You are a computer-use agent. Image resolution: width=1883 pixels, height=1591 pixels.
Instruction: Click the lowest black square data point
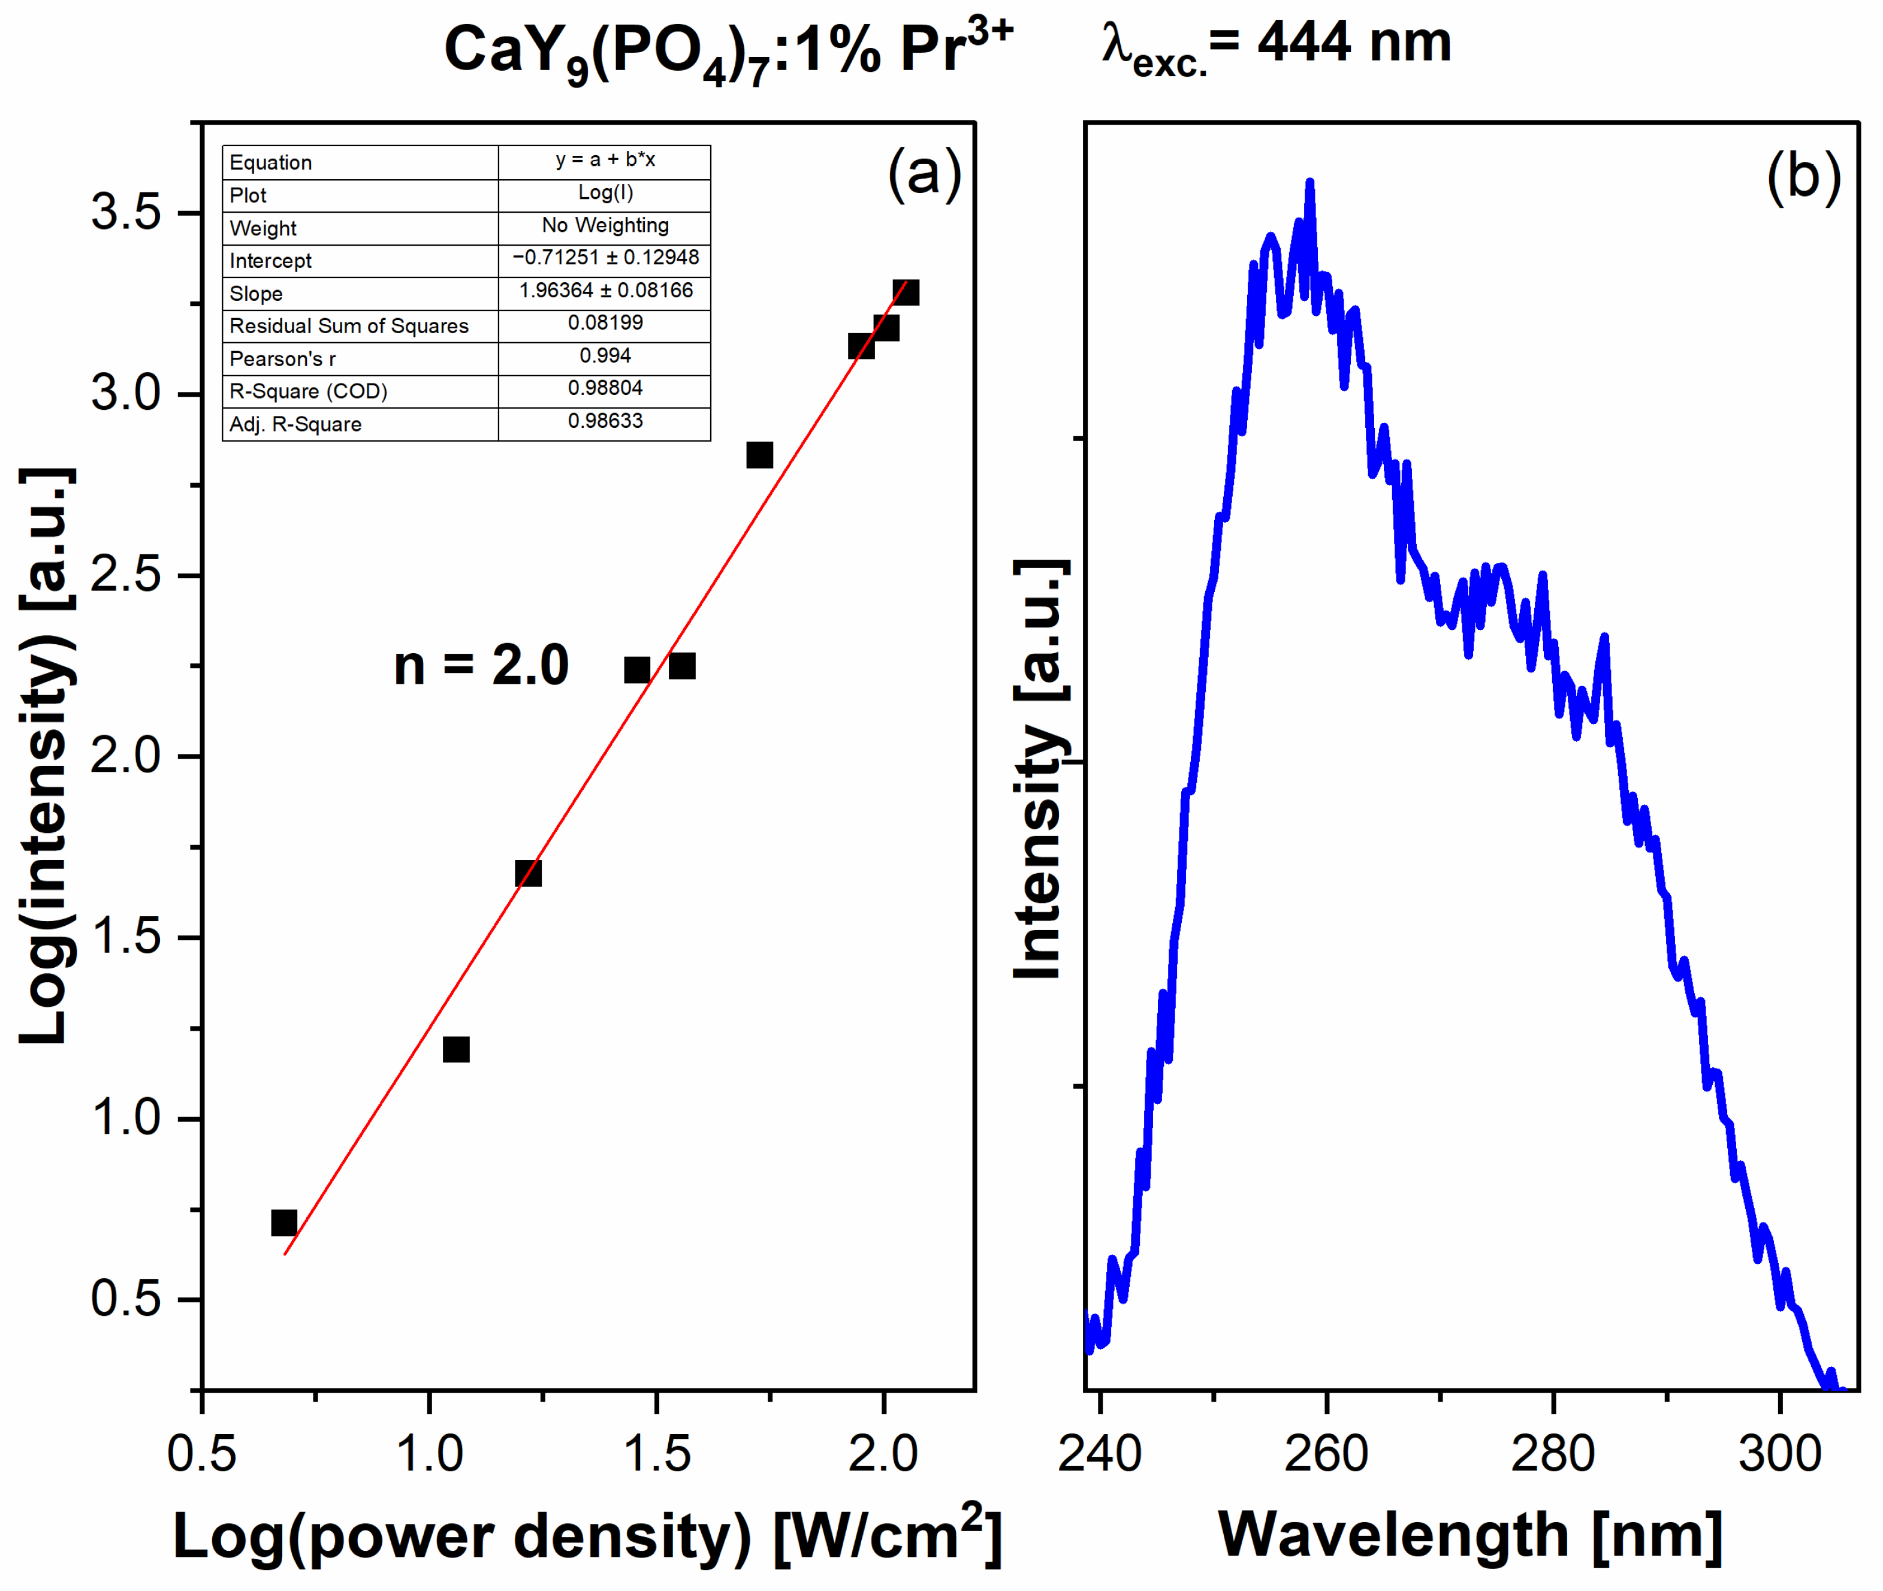click(284, 1223)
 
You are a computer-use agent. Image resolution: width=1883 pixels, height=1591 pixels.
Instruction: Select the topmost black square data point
click(906, 292)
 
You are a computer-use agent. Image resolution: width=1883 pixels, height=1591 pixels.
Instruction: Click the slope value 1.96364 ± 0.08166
click(605, 291)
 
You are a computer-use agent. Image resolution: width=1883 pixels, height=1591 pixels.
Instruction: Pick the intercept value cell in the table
click(605, 258)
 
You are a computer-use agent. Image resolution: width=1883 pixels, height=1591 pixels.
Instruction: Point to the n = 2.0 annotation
click(481, 666)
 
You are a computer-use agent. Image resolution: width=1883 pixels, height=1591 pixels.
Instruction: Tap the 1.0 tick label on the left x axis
click(429, 1454)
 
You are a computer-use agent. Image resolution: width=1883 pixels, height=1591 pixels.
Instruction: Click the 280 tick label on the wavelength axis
click(1553, 1454)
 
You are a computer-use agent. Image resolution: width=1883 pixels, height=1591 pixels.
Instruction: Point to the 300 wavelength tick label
click(1779, 1454)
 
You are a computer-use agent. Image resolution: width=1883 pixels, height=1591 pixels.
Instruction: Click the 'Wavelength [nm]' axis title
click(1470, 1535)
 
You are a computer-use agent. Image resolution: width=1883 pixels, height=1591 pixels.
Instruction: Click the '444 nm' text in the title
click(1354, 43)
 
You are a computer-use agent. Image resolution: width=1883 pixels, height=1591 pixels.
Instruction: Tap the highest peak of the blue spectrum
click(1309, 184)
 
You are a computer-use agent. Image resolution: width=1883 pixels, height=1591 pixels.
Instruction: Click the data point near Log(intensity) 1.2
click(456, 1049)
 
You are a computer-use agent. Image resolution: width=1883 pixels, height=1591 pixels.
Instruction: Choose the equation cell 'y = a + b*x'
click(605, 159)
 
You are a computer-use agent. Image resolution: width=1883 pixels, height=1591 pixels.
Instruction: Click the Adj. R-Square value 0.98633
click(605, 421)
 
